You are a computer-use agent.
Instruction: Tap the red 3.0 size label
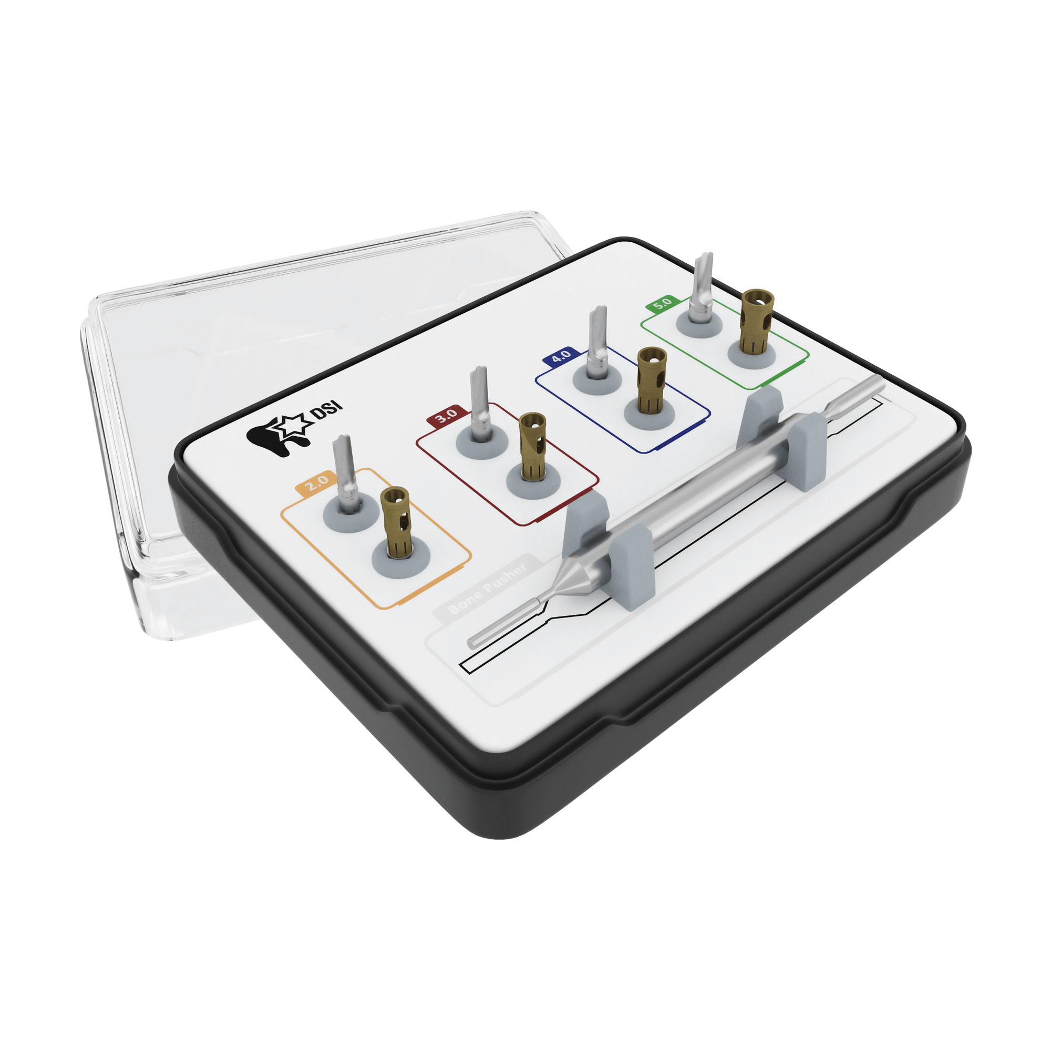click(447, 416)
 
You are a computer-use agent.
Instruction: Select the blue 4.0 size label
click(560, 356)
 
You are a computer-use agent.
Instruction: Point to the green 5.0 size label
click(662, 304)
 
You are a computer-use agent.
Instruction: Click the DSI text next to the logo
click(327, 411)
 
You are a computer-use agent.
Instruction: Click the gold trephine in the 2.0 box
click(396, 522)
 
